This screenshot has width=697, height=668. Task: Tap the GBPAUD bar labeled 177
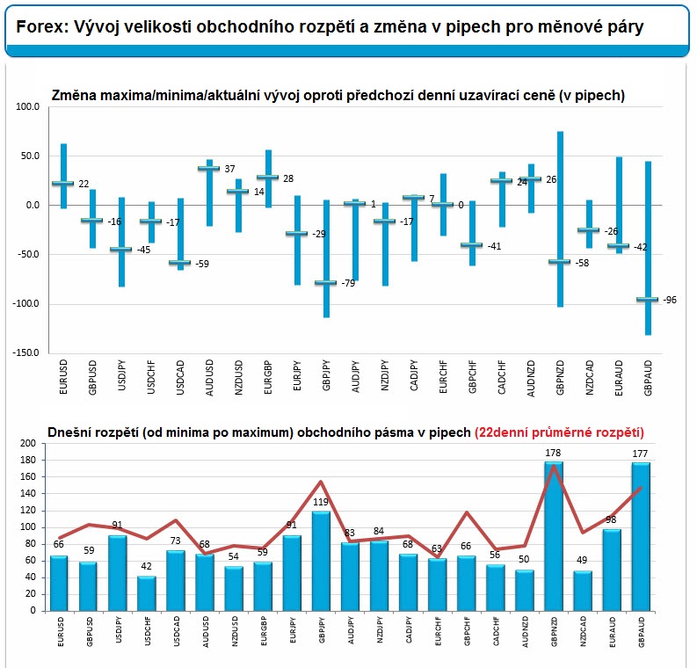(641, 536)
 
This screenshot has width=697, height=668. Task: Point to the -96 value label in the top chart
(670, 301)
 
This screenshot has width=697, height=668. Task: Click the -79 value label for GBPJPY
(348, 283)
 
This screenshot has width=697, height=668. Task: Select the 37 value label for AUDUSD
(229, 169)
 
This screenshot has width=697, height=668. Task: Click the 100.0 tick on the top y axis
(29, 107)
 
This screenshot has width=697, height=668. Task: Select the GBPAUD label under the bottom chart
(641, 635)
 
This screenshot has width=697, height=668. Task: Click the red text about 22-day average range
(559, 432)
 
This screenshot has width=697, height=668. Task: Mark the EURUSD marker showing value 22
(62, 184)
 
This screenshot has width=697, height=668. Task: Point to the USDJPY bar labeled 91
(117, 573)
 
